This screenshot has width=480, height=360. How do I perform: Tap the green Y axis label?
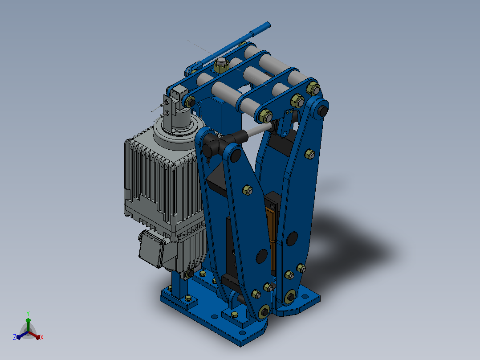(x=28, y=313)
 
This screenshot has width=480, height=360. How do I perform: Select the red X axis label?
(x=42, y=337)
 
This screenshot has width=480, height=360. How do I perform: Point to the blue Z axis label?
(x=15, y=337)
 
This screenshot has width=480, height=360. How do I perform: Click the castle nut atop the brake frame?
(x=221, y=64)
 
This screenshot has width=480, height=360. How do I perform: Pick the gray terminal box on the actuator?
(x=151, y=249)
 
